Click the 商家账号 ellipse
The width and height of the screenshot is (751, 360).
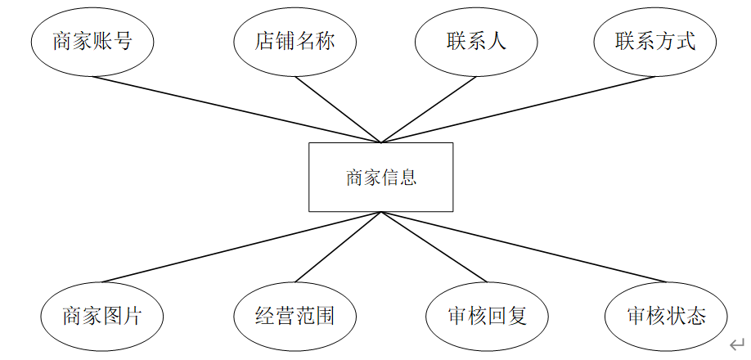click(x=92, y=42)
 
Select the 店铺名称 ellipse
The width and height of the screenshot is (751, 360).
click(x=295, y=42)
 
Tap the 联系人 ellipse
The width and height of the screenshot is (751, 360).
click(x=476, y=42)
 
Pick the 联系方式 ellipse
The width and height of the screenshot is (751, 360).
click(x=655, y=42)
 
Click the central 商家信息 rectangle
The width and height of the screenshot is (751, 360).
click(x=380, y=178)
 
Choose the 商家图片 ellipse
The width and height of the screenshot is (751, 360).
click(x=102, y=315)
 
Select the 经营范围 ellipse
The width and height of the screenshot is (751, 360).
click(x=295, y=315)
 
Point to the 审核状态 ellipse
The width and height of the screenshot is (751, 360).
click(x=666, y=315)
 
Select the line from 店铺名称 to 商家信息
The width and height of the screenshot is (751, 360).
click(x=338, y=109)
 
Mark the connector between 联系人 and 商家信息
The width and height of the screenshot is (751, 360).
click(x=428, y=109)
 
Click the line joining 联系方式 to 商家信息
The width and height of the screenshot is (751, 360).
click(x=517, y=109)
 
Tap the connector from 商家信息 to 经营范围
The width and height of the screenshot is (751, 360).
click(x=338, y=247)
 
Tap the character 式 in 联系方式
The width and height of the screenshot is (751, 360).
click(x=686, y=42)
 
